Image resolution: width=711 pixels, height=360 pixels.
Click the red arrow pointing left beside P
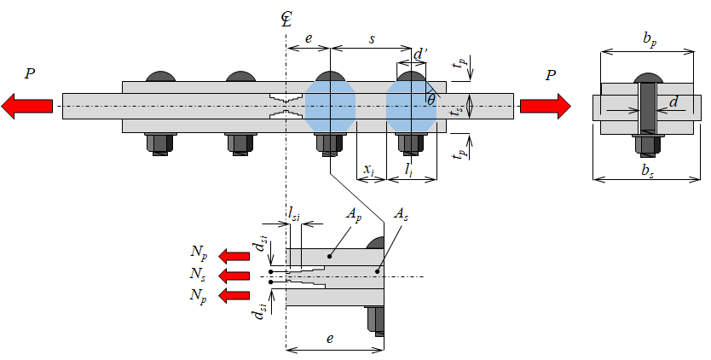coord(26,107)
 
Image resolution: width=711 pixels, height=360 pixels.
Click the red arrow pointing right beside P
coord(546,107)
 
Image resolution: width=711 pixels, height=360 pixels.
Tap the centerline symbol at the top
coord(286,20)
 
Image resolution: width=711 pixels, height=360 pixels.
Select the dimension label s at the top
coord(372,38)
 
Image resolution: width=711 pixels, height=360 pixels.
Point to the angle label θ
coord(431,100)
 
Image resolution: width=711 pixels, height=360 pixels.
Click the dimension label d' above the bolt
coord(420,54)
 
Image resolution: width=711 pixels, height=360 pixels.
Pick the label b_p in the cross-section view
coord(650,39)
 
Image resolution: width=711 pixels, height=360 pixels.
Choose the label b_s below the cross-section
coord(648,171)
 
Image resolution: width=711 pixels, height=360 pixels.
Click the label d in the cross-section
coord(673,102)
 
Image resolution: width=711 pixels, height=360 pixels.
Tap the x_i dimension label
coord(369,170)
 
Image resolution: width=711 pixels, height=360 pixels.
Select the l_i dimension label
coord(409,170)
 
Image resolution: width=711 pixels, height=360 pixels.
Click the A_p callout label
coord(354,214)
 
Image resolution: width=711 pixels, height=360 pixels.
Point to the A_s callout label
coord(401,214)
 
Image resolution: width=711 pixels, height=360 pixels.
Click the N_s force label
coord(199,274)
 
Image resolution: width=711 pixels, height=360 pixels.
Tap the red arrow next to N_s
coord(234,276)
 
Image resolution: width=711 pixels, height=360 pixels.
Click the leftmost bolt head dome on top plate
coord(160,77)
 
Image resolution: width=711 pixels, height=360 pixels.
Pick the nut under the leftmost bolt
coord(159,143)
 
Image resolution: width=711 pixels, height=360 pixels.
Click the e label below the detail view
coord(330,338)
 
